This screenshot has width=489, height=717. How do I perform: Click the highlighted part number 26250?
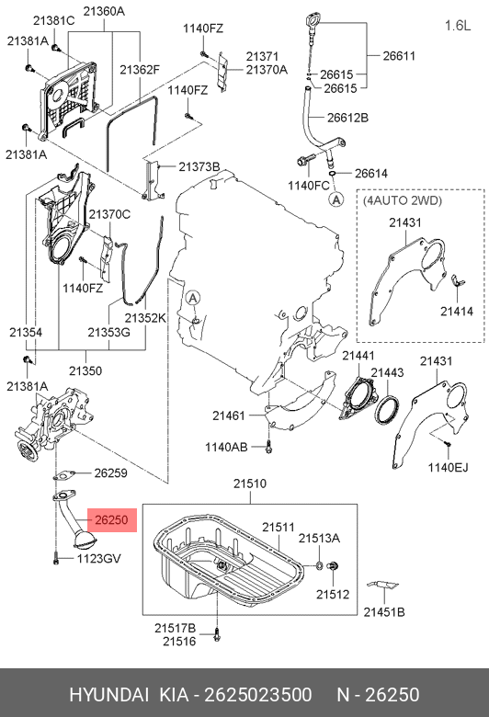pos(111,520)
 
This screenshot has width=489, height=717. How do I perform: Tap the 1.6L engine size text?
pos(458,26)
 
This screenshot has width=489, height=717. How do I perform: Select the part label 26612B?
pos(347,118)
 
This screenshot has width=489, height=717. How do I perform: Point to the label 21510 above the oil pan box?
pos(250,484)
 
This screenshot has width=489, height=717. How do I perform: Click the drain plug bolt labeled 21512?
pos(333,566)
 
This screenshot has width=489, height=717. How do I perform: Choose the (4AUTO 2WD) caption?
pos(403,200)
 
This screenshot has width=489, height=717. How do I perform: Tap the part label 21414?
pos(457,311)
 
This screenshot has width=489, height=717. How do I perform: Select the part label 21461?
pos(229,415)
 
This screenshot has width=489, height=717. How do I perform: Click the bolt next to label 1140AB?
pos(268,447)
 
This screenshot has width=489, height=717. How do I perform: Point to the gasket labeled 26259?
pos(64,475)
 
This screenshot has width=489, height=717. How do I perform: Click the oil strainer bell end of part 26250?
pos(85,541)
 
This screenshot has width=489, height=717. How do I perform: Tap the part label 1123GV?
pos(98,558)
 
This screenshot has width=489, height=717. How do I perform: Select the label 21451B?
pos(384,612)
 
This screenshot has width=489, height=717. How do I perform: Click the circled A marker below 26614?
pos(336,199)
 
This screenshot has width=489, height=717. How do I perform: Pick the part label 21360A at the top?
pos(104,11)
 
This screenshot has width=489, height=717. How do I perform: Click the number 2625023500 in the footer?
pos(258,695)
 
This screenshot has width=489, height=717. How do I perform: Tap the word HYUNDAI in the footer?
pos(108,695)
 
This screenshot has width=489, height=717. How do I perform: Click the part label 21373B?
pos(199,166)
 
